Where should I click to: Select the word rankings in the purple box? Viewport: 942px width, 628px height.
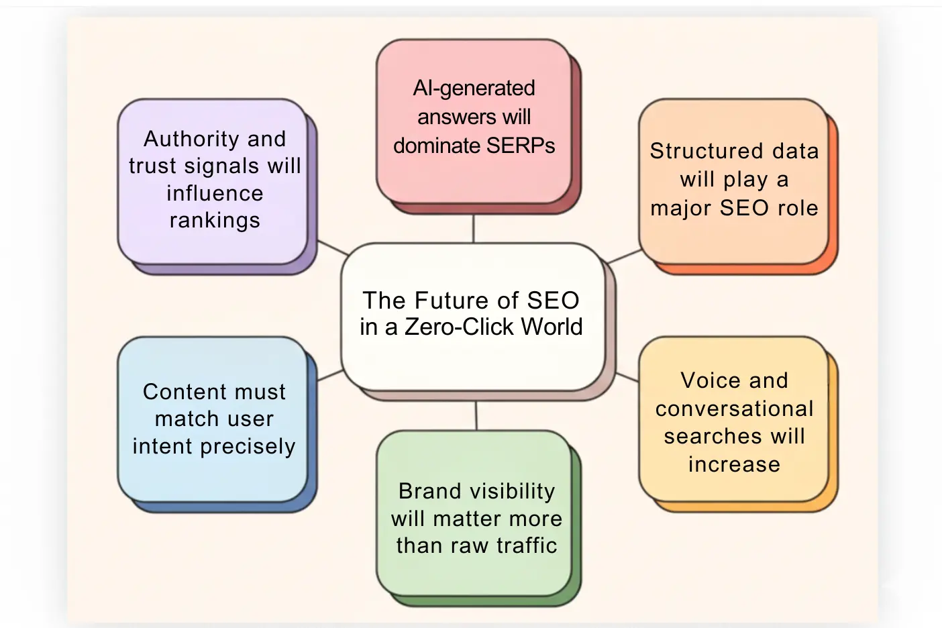tap(215, 221)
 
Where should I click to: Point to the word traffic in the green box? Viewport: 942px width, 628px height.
tap(527, 545)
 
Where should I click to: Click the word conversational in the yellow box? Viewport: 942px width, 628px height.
tap(734, 409)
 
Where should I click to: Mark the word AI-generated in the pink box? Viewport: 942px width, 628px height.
tap(474, 88)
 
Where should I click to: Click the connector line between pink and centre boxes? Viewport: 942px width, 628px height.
tap(474, 229)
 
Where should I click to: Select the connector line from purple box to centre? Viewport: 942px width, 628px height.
tap(333, 248)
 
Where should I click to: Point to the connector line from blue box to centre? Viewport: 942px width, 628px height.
tap(330, 374)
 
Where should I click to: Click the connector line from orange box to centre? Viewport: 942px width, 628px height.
tap(625, 256)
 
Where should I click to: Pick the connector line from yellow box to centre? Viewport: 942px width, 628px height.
tap(627, 377)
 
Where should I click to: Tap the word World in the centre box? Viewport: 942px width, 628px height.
tap(552, 327)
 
